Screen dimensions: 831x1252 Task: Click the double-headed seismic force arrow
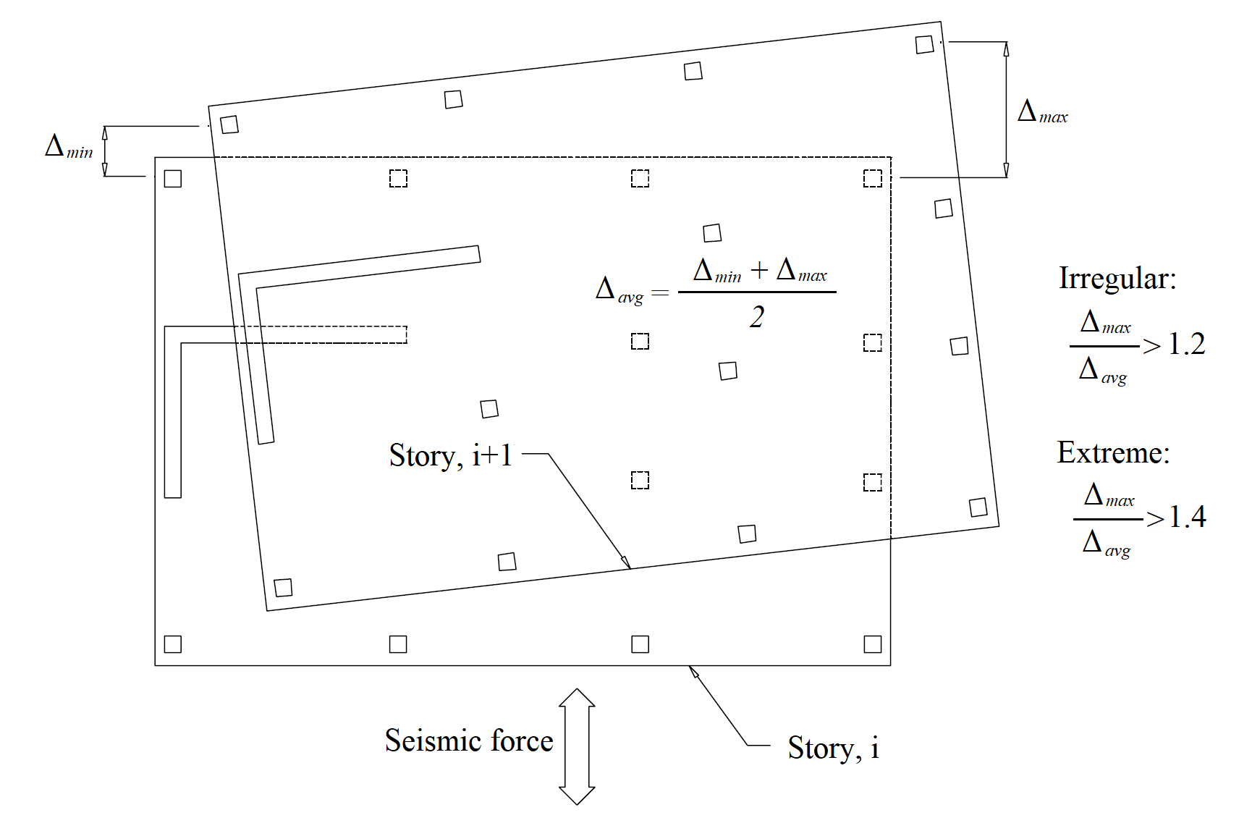tap(577, 746)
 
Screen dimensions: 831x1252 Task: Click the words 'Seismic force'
tap(469, 741)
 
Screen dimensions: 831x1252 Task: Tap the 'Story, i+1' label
tap(450, 455)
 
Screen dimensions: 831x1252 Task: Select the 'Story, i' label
tap(833, 748)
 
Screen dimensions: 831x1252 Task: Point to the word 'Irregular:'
tap(1117, 279)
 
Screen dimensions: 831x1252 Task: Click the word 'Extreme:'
tap(1113, 453)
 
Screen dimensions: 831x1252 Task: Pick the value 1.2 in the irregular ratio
tap(1187, 345)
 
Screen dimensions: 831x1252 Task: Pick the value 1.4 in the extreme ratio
tap(1188, 517)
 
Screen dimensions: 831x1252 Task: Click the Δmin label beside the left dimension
tap(69, 147)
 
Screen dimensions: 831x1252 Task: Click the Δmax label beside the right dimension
tap(1042, 112)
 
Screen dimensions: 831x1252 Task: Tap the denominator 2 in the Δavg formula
tap(757, 317)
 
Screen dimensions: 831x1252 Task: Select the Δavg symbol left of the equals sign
tap(619, 291)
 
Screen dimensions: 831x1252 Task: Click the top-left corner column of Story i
tap(173, 178)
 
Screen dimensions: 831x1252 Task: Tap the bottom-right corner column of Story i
tap(873, 644)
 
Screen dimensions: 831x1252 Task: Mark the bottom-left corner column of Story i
tap(173, 644)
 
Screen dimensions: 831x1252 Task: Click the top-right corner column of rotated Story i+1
tap(924, 44)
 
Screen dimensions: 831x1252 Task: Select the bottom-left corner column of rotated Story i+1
tap(283, 587)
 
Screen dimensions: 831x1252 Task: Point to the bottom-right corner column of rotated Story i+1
tap(978, 507)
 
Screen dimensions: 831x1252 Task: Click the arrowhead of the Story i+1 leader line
tap(627, 563)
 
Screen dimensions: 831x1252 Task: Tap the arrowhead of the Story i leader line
tap(693, 671)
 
